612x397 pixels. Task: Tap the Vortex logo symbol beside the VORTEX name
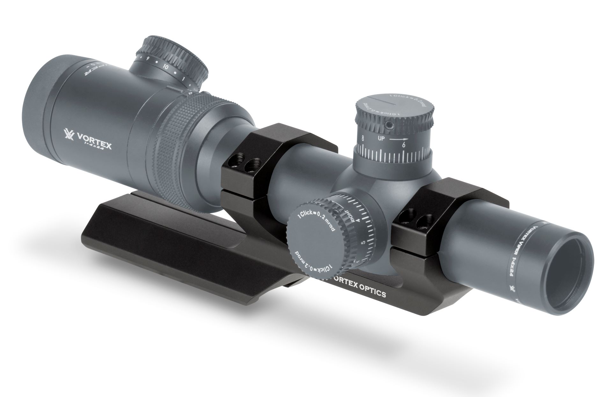click(x=69, y=136)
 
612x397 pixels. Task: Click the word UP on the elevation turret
click(x=382, y=139)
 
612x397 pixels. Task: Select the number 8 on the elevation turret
click(x=363, y=138)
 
